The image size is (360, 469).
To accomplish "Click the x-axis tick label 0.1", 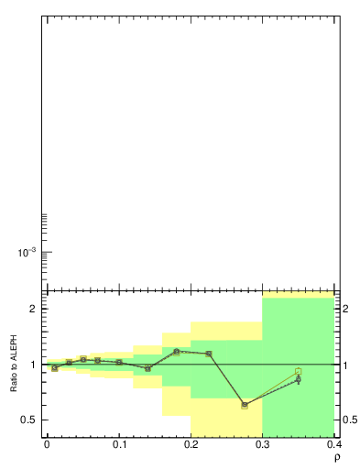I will point(118,444).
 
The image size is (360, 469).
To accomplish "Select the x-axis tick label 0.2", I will point(191,444).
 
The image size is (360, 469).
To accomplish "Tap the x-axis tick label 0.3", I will point(263,444).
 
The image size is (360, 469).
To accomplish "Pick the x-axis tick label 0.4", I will point(333,444).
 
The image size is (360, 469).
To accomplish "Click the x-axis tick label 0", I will point(46,444).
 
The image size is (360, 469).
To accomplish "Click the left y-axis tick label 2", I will point(32,309).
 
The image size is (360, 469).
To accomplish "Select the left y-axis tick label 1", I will point(32,365).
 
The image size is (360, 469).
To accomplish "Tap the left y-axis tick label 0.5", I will point(28,420).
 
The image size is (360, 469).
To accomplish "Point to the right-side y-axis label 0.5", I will point(350,420).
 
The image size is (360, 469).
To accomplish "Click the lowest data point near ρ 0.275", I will point(245,405).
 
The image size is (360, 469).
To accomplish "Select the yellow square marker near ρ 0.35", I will point(299,371).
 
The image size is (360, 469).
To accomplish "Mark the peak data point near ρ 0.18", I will point(177,351).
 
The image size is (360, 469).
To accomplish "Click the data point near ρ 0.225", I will point(209,354).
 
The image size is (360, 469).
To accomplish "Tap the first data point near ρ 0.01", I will point(54,367).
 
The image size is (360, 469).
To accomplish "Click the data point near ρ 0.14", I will point(147,368).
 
